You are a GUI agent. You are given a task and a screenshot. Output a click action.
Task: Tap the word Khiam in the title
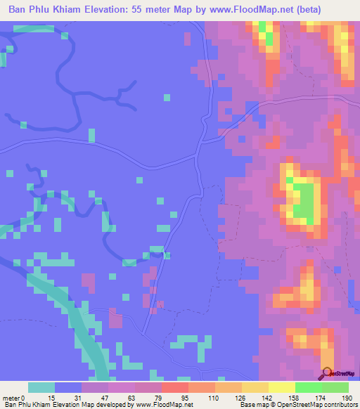click(x=71, y=10)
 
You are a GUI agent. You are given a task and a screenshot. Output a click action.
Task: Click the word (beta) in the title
click(x=330, y=10)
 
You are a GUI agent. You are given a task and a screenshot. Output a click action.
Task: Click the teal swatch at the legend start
click(x=41, y=387)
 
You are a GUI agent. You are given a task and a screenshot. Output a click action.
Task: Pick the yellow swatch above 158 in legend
click(x=281, y=387)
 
